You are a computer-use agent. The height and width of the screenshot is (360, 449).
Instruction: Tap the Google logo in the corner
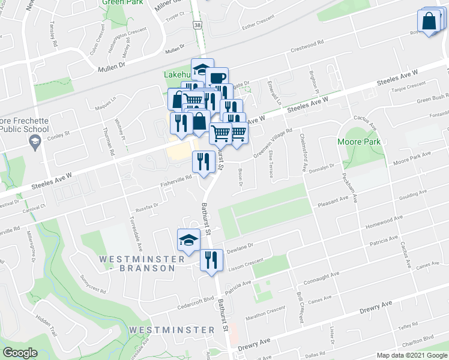20,353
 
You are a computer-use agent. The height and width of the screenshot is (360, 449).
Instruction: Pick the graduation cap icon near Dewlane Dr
188,240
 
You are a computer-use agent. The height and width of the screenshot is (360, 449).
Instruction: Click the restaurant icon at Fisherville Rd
203,161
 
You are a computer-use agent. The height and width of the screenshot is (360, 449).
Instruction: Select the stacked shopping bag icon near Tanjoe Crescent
430,21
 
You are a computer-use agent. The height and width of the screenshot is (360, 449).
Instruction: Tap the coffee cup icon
217,78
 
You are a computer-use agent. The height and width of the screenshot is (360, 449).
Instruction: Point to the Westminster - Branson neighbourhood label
134,263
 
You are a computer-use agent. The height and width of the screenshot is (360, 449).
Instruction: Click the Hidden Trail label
45,326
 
